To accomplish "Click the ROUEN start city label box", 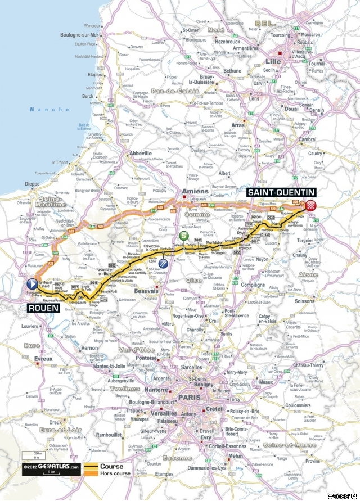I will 43,308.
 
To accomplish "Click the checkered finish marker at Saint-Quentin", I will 310,205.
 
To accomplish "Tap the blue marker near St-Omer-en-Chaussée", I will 164,263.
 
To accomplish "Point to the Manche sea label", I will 43,109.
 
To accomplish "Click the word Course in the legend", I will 111,466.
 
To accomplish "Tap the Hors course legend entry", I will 115,473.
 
